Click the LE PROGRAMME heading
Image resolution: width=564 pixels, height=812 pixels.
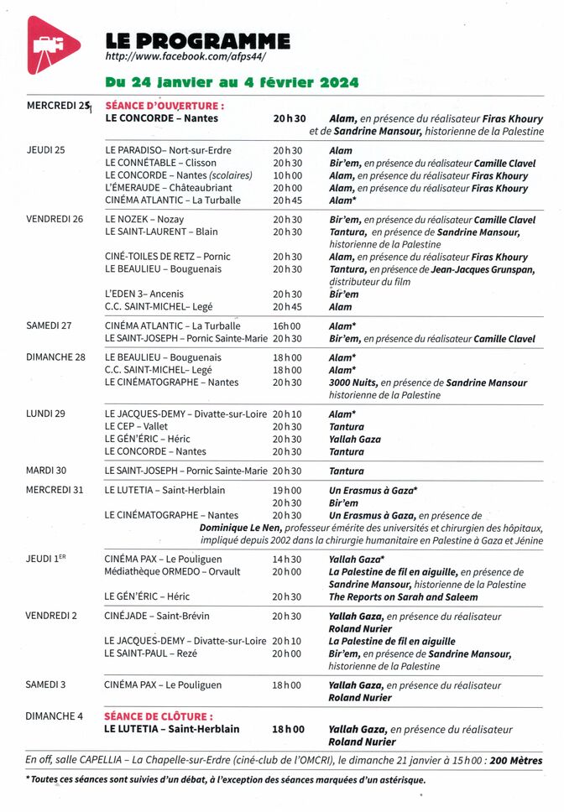[x=197, y=40]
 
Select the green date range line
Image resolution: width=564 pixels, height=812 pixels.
[x=232, y=82]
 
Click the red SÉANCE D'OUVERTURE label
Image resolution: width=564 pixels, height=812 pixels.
[x=164, y=107]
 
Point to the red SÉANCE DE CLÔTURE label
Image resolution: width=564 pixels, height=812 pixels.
[x=159, y=717]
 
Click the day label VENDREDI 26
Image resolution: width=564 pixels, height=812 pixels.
[x=55, y=220]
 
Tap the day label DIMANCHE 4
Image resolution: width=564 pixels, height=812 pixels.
[x=55, y=716]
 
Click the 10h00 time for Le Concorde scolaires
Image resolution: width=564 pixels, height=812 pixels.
[x=287, y=175]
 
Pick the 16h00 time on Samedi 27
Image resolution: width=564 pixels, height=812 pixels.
[x=287, y=326]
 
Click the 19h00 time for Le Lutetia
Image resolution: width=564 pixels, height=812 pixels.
[x=287, y=490]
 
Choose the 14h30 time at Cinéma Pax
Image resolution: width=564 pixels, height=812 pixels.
[x=287, y=559]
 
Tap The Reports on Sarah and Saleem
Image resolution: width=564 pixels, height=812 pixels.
[x=403, y=597]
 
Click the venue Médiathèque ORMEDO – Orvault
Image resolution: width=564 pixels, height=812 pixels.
[x=172, y=571]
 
